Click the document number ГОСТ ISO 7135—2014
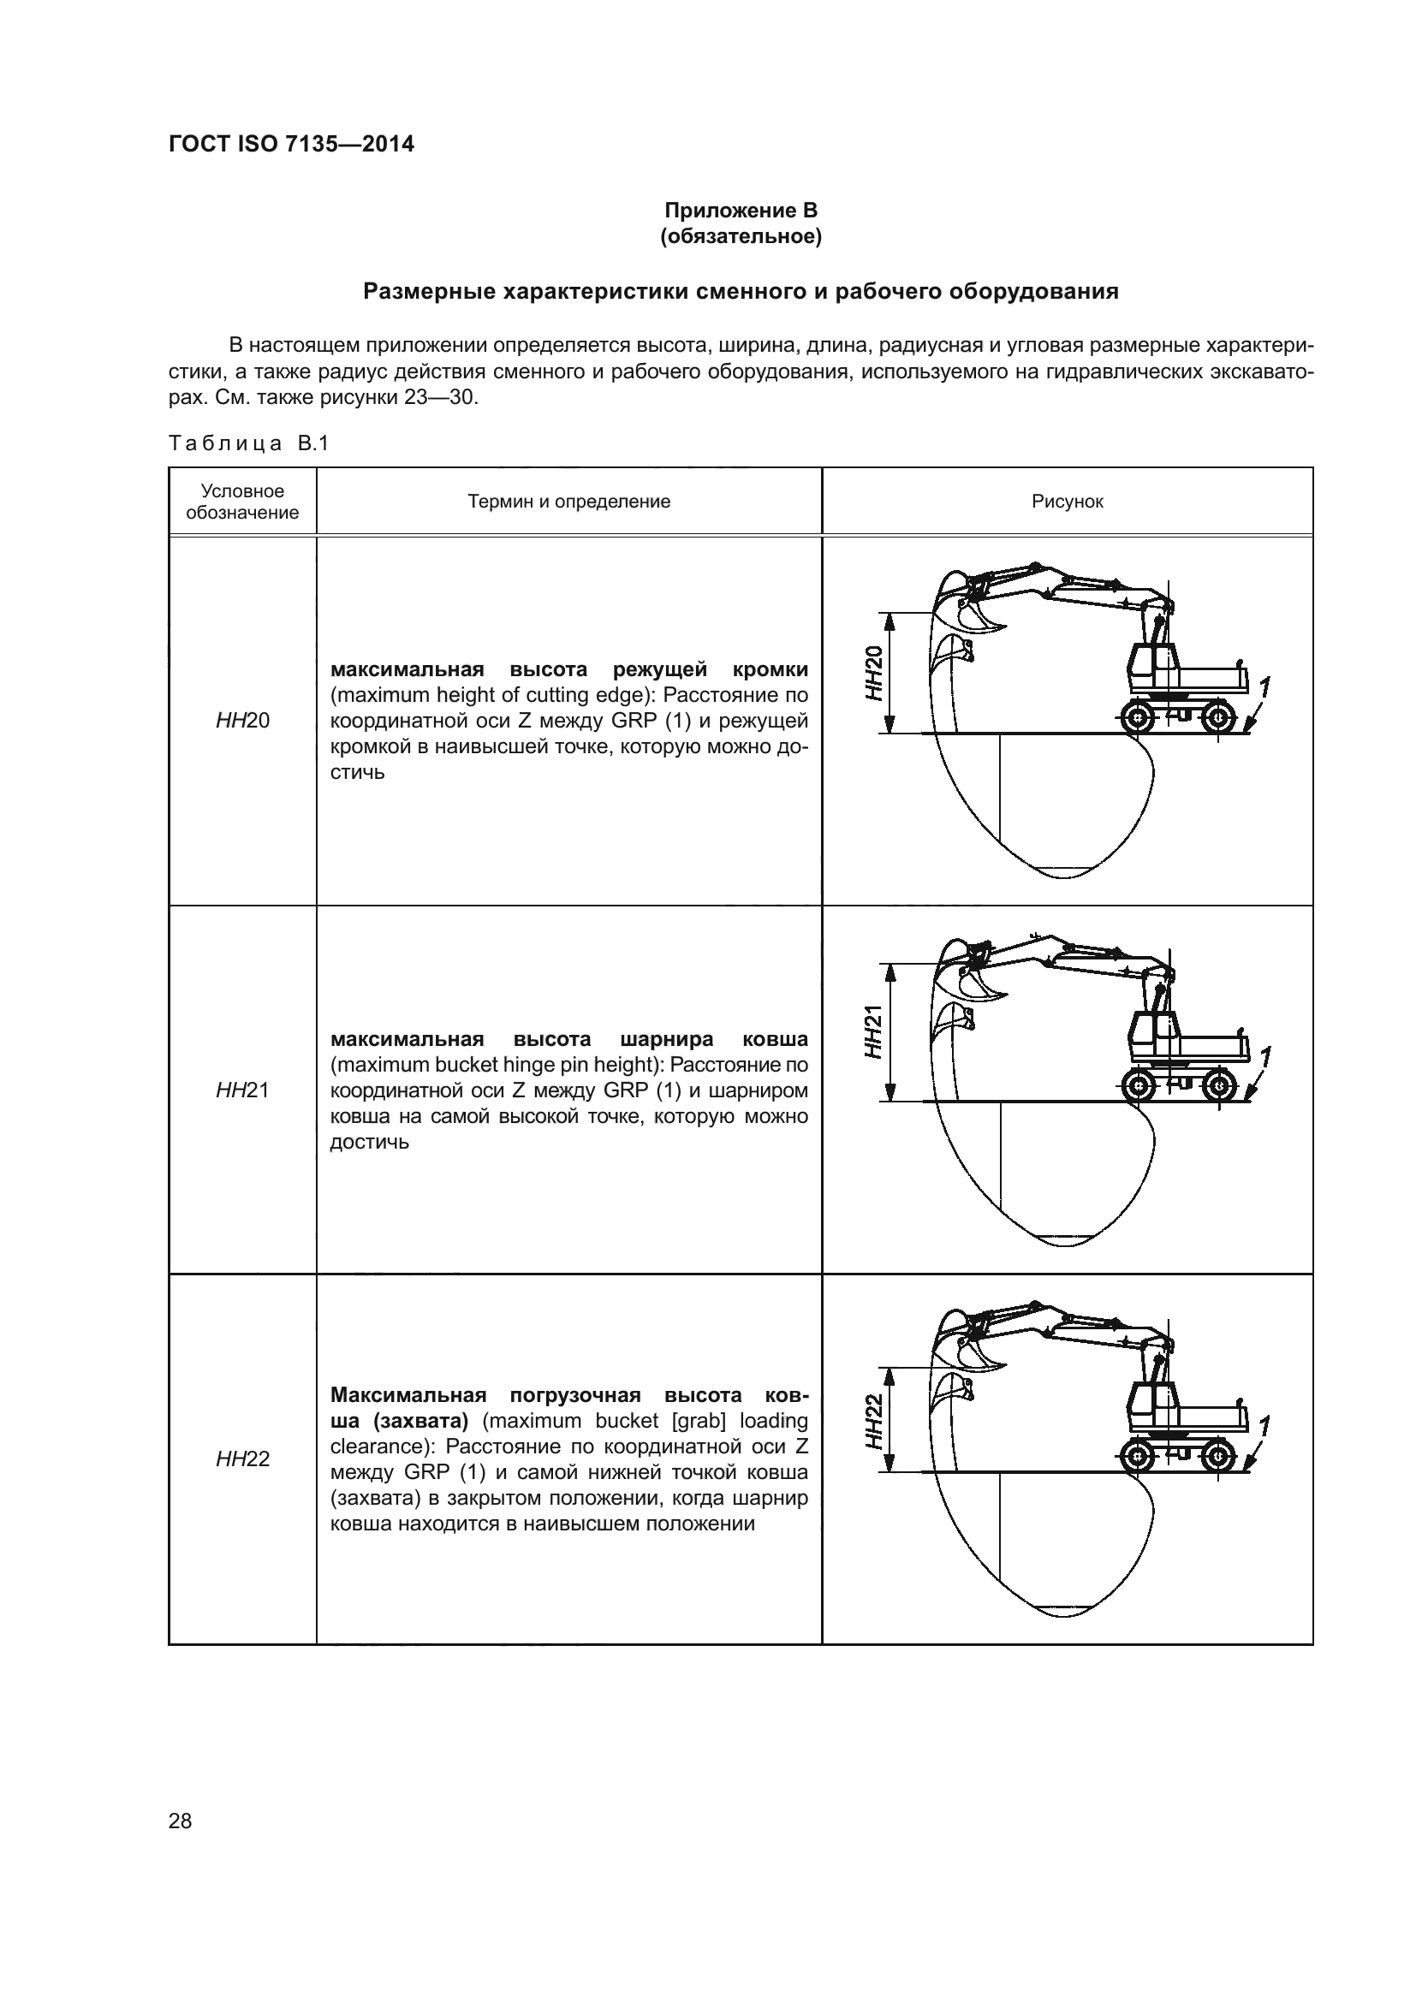coord(291,145)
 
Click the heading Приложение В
coord(741,211)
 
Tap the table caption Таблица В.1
coord(248,444)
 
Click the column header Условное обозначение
coord(242,502)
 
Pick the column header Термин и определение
coord(568,502)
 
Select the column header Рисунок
coord(1068,502)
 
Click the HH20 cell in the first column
coord(242,720)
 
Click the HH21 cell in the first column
coord(242,1090)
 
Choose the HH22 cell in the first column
coord(242,1458)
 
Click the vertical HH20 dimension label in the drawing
coord(874,673)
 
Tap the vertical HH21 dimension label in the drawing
coord(874,1032)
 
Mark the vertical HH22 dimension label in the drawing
coord(874,1422)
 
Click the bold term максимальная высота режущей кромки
coord(568,669)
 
